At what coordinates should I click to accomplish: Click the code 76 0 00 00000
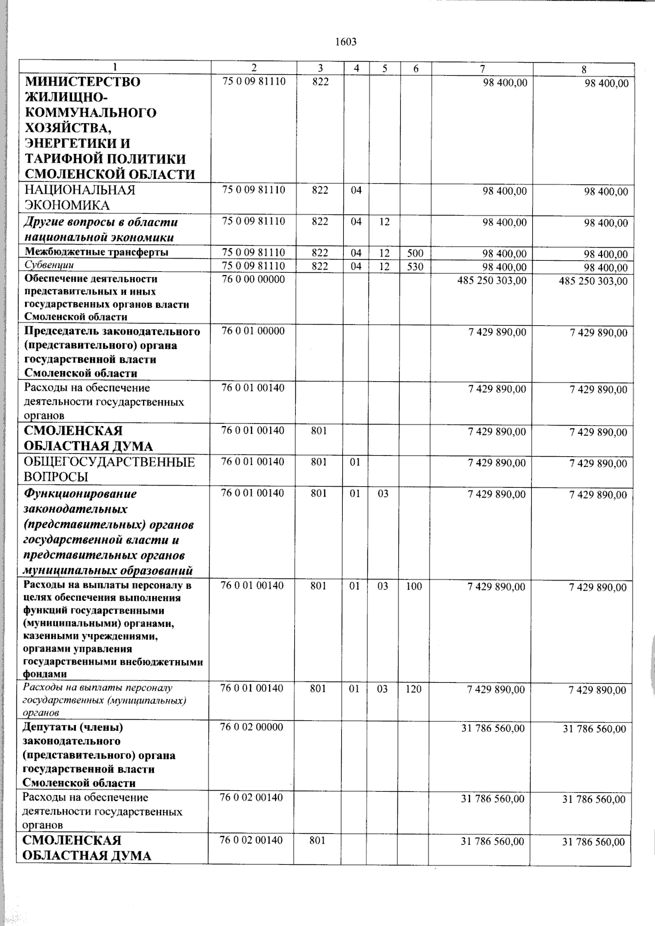253,279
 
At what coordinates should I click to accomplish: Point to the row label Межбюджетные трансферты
96,252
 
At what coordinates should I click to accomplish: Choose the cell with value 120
414,689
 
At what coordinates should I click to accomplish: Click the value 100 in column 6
414,586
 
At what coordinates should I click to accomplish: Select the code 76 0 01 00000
253,331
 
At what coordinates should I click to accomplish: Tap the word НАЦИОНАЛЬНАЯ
80,190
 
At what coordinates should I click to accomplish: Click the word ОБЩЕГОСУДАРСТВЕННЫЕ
109,462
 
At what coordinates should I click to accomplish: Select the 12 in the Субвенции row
385,266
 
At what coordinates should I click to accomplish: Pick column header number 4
356,68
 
